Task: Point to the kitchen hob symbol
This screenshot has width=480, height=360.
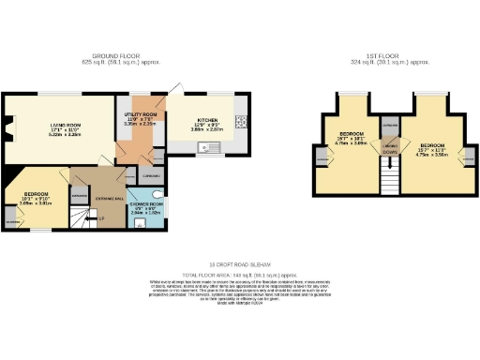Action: (241, 121)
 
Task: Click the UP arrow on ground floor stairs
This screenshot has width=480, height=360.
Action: (101, 218)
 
